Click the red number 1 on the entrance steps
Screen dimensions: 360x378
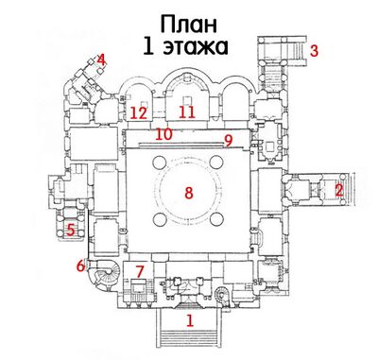pos(190,321)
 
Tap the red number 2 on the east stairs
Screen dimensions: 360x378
pos(338,189)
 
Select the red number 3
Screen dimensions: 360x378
pos(315,51)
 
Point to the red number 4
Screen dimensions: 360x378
pos(101,60)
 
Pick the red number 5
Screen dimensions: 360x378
pos(70,229)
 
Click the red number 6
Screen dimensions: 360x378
pos(80,266)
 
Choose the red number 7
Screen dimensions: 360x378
pos(139,272)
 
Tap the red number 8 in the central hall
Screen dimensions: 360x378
pos(188,193)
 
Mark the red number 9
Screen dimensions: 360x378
pos(228,141)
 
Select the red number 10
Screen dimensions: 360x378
pos(163,134)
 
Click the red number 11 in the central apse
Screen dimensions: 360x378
pos(187,112)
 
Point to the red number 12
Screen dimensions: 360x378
pos(138,112)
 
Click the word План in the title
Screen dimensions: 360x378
pos(187,23)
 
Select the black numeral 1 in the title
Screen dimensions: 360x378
pos(151,45)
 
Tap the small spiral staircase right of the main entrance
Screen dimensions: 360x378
pos(223,291)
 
